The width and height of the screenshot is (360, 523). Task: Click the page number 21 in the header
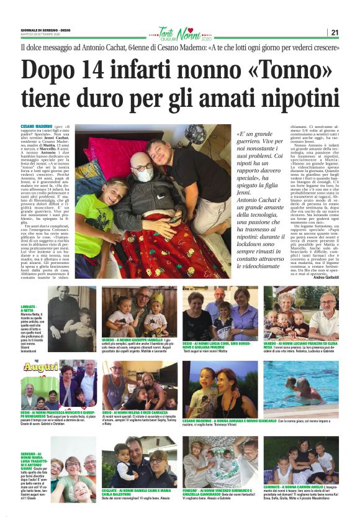click(335, 32)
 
